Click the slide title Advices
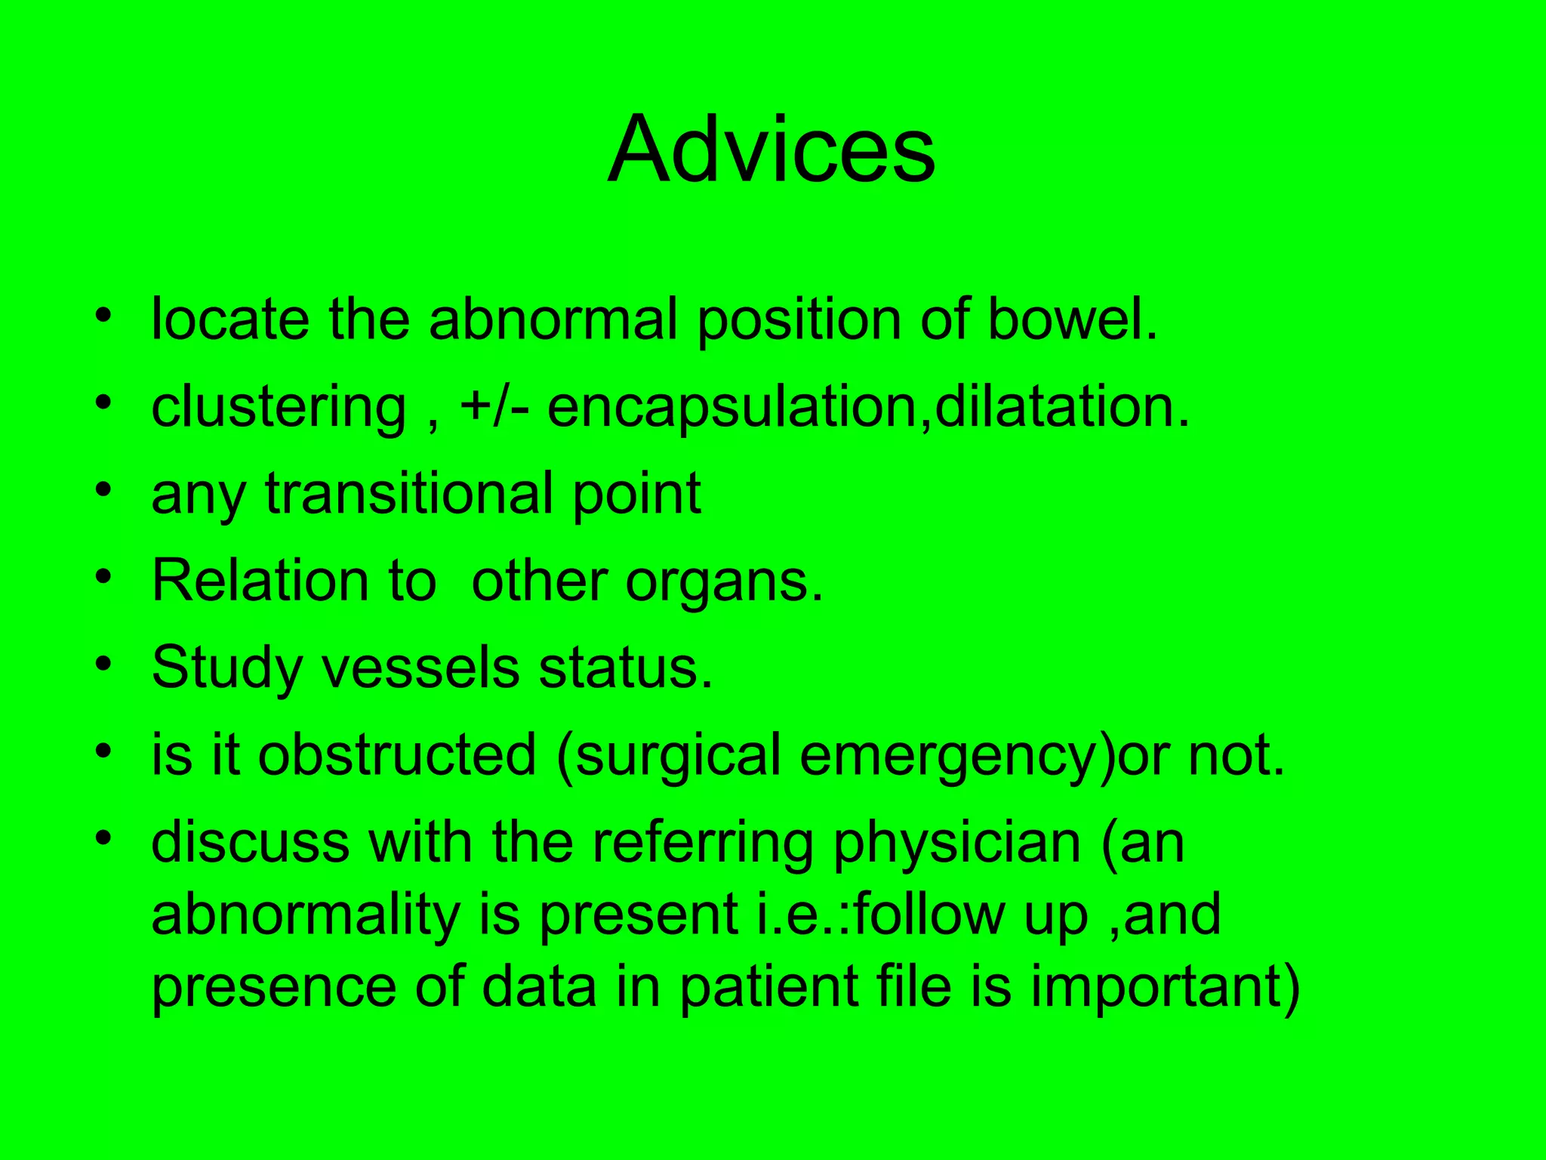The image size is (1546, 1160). click(x=771, y=150)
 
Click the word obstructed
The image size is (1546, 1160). click(x=396, y=755)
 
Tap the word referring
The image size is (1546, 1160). click(x=702, y=844)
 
